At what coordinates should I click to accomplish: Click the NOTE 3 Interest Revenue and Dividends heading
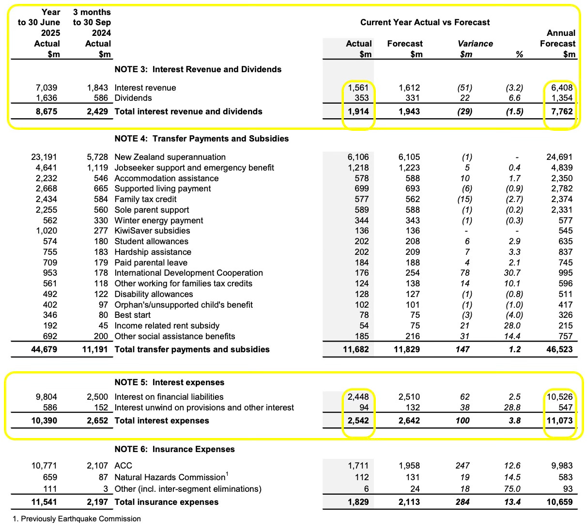click(198, 69)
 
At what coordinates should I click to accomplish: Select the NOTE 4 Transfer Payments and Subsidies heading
click(201, 139)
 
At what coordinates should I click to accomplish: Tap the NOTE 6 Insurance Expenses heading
click(174, 449)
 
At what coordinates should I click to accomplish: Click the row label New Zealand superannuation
click(170, 157)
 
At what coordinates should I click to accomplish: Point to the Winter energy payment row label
click(158, 220)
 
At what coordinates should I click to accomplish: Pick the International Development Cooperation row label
click(188, 273)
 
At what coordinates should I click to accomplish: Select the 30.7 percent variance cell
click(515, 273)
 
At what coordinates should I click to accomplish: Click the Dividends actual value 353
click(361, 98)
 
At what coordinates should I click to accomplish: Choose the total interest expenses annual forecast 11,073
click(558, 421)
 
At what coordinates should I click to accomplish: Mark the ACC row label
click(123, 466)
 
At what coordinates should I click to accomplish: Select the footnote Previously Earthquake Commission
click(77, 519)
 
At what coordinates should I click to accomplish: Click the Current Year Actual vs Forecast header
click(425, 22)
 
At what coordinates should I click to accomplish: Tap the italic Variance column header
click(475, 44)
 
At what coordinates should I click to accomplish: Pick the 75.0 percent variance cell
click(513, 489)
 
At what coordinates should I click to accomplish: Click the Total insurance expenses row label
click(166, 502)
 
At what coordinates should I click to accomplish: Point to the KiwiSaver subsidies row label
click(152, 231)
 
